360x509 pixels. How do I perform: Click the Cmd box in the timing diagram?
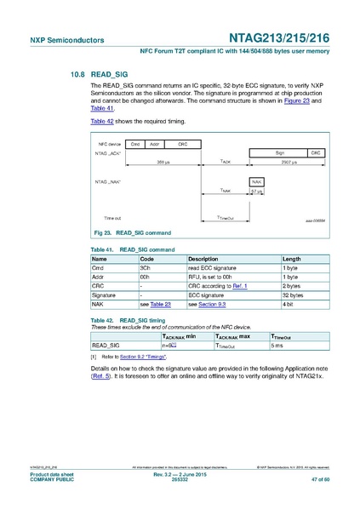pyautogui.click(x=135, y=145)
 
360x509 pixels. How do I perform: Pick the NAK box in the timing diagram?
pyautogui.click(x=256, y=181)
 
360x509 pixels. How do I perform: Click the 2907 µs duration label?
pyautogui.click(x=289, y=161)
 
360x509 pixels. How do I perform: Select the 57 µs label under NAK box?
pyautogui.click(x=256, y=192)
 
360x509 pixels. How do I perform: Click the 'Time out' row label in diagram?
pyautogui.click(x=113, y=219)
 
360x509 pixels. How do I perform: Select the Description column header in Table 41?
pyautogui.click(x=203, y=259)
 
